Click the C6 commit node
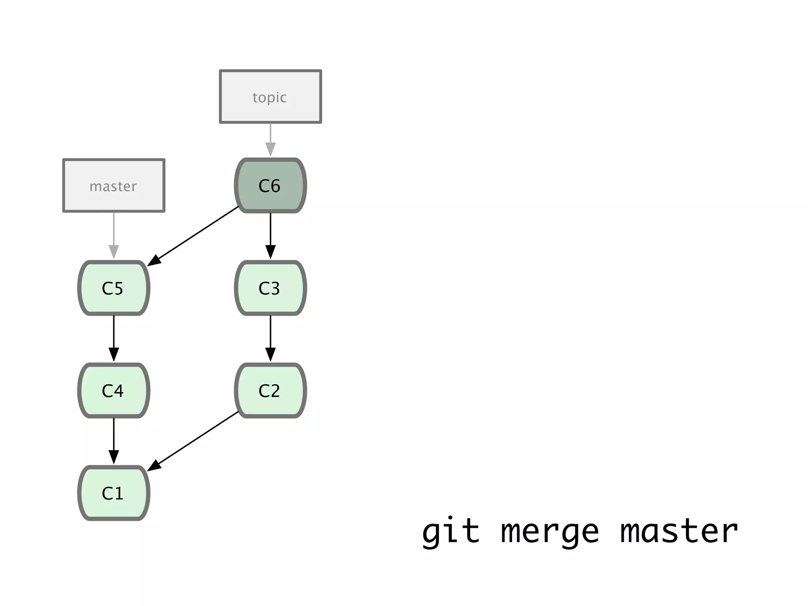tap(270, 185)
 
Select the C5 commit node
tap(114, 288)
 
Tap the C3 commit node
tap(270, 288)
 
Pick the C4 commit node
tap(114, 390)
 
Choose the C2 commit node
tap(270, 390)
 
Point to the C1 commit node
tap(114, 493)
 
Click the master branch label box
tap(114, 185)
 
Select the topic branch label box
tap(270, 97)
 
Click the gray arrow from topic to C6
tap(270, 140)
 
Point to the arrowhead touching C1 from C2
tap(154, 466)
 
